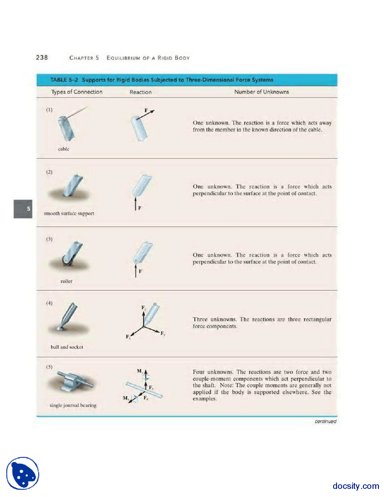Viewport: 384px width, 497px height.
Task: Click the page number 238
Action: coord(42,57)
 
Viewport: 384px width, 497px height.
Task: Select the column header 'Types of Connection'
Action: coord(76,92)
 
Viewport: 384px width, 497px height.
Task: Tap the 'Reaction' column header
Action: coord(140,92)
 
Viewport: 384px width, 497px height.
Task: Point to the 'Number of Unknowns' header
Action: coord(261,92)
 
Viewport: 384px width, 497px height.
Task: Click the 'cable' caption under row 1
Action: coord(64,149)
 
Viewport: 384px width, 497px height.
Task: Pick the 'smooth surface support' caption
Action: coord(69,213)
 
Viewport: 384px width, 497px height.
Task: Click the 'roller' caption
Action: coord(66,281)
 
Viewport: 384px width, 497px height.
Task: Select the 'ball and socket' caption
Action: coord(67,347)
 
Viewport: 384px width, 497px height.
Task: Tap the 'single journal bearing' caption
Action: coord(73,405)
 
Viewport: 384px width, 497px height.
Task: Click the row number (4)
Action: coord(49,303)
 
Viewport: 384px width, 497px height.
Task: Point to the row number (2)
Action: coord(49,172)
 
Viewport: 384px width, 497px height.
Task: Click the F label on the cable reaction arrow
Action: coord(146,110)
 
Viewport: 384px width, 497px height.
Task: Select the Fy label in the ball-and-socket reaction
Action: coord(163,333)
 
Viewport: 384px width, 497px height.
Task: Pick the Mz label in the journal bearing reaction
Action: coord(140,371)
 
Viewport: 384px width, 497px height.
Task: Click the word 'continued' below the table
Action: coord(325,421)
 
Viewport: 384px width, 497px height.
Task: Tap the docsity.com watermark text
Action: coord(356,486)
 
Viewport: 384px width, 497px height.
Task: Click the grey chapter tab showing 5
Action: coord(23,209)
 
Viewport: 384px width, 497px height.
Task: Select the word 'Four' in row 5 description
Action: coord(199,372)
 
